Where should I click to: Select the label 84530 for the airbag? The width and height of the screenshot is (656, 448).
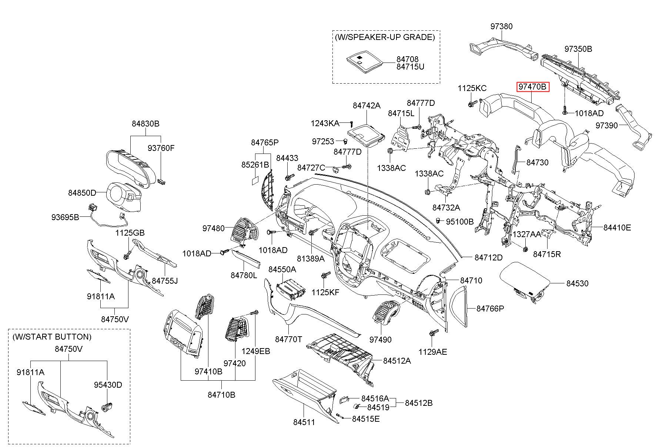click(577, 283)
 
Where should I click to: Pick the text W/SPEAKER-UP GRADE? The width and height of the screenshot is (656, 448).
click(385, 37)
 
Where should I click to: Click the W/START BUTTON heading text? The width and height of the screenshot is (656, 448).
click(51, 337)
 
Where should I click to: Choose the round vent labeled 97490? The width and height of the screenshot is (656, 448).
click(386, 313)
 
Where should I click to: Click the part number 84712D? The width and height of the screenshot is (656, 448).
click(489, 257)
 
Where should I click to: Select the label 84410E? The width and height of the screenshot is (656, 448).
click(617, 228)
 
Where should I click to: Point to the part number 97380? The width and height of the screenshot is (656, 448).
click(502, 26)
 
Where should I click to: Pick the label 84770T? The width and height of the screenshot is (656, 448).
click(288, 339)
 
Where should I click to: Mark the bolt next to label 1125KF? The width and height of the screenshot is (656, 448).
click(325, 276)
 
